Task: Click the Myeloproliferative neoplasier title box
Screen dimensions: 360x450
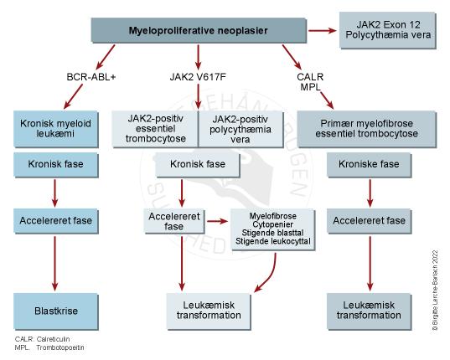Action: pos(197,31)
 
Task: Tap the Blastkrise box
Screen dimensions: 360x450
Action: pos(54,310)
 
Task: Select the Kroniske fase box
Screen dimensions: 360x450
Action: pos(369,165)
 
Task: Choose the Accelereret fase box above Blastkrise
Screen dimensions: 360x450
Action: pos(54,223)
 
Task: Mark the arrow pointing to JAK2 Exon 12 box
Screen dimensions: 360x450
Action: pos(319,31)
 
